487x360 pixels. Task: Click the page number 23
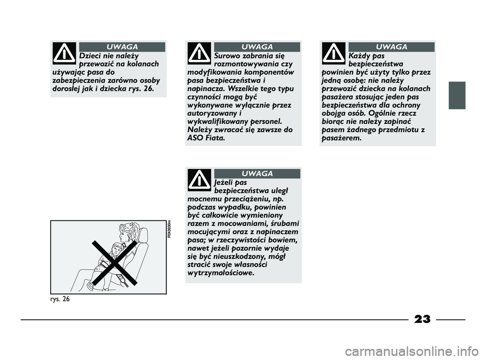tap(422, 319)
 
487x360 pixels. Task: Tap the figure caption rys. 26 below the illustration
tap(60, 299)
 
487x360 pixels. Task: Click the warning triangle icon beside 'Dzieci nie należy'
tap(64, 53)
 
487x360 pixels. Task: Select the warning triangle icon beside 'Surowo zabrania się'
tap(199, 53)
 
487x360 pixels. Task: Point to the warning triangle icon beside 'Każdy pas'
tap(334, 53)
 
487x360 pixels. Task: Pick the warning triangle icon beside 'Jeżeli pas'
tap(199, 180)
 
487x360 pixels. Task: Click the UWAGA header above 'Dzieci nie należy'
tap(122, 47)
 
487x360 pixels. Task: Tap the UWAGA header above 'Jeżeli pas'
tap(257, 174)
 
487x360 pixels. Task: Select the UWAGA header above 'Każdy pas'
tap(391, 47)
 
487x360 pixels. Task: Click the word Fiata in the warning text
tap(215, 138)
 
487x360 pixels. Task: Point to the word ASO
tap(195, 138)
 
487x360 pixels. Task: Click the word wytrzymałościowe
tap(221, 273)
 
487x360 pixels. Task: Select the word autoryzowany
tap(212, 113)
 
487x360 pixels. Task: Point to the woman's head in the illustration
tap(127, 233)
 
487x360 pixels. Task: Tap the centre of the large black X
tap(115, 263)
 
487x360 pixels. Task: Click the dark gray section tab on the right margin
tap(457, 95)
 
